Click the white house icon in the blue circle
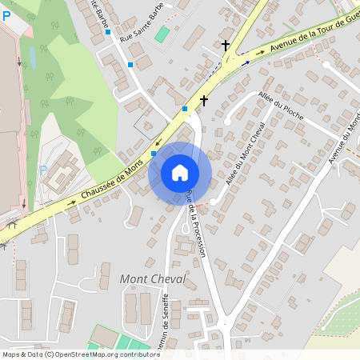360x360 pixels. [x=180, y=173]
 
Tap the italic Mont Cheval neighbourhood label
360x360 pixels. [x=153, y=279]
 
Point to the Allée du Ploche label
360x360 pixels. [x=281, y=104]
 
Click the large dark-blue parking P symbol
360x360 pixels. [x=6, y=15]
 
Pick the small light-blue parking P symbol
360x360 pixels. [x=43, y=170]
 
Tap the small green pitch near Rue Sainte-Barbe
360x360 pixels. [x=163, y=34]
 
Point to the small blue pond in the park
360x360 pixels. [x=32, y=56]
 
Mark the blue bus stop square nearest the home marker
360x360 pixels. [x=154, y=154]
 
